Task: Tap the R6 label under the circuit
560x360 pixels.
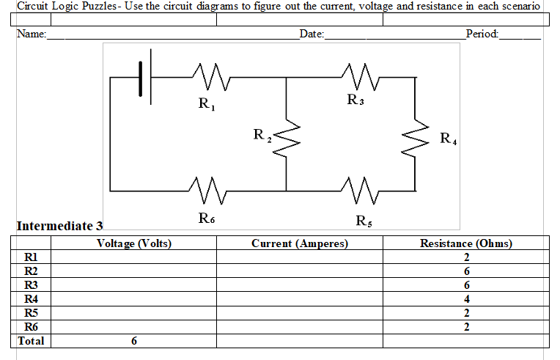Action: click(207, 218)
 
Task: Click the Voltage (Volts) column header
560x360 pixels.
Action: click(133, 243)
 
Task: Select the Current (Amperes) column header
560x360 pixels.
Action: click(299, 243)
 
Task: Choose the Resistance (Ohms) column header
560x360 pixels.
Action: click(465, 243)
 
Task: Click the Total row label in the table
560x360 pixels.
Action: click(31, 341)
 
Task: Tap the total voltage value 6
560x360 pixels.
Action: click(133, 341)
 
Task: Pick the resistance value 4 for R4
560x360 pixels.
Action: click(466, 299)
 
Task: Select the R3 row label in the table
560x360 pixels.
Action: click(31, 285)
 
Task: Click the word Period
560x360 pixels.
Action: click(481, 34)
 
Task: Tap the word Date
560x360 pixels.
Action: click(311, 34)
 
